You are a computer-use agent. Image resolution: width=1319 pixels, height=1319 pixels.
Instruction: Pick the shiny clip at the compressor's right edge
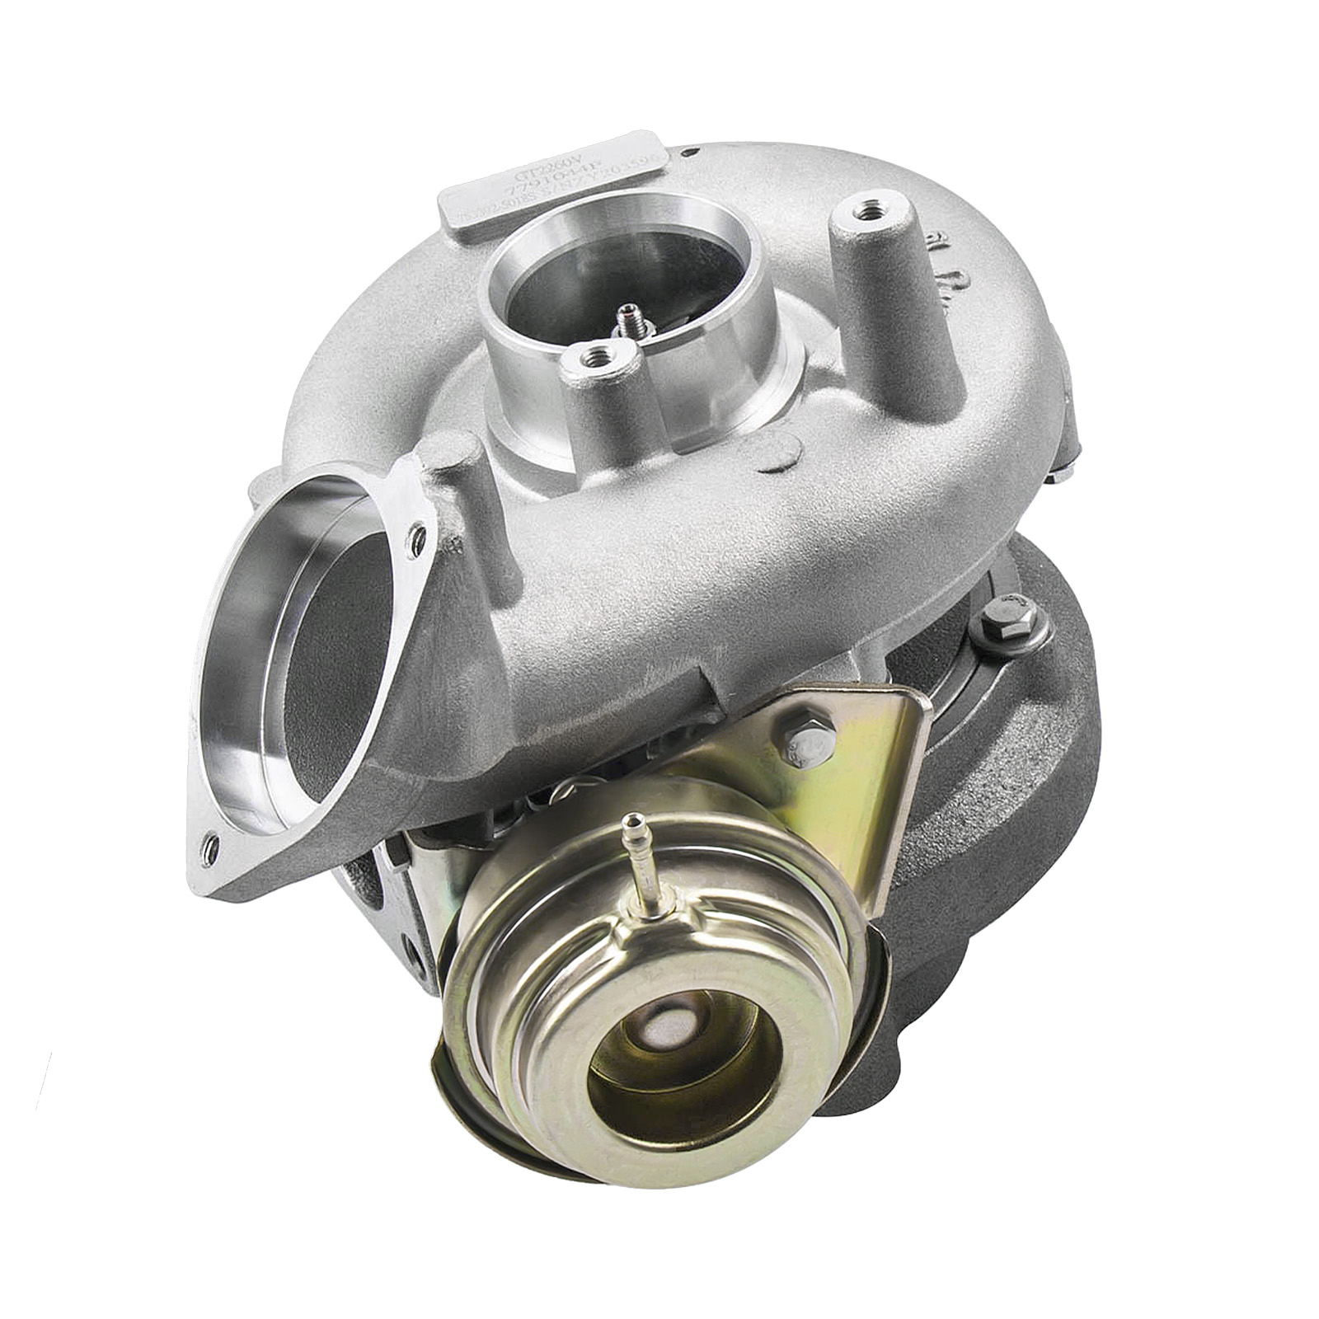(x=1063, y=470)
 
